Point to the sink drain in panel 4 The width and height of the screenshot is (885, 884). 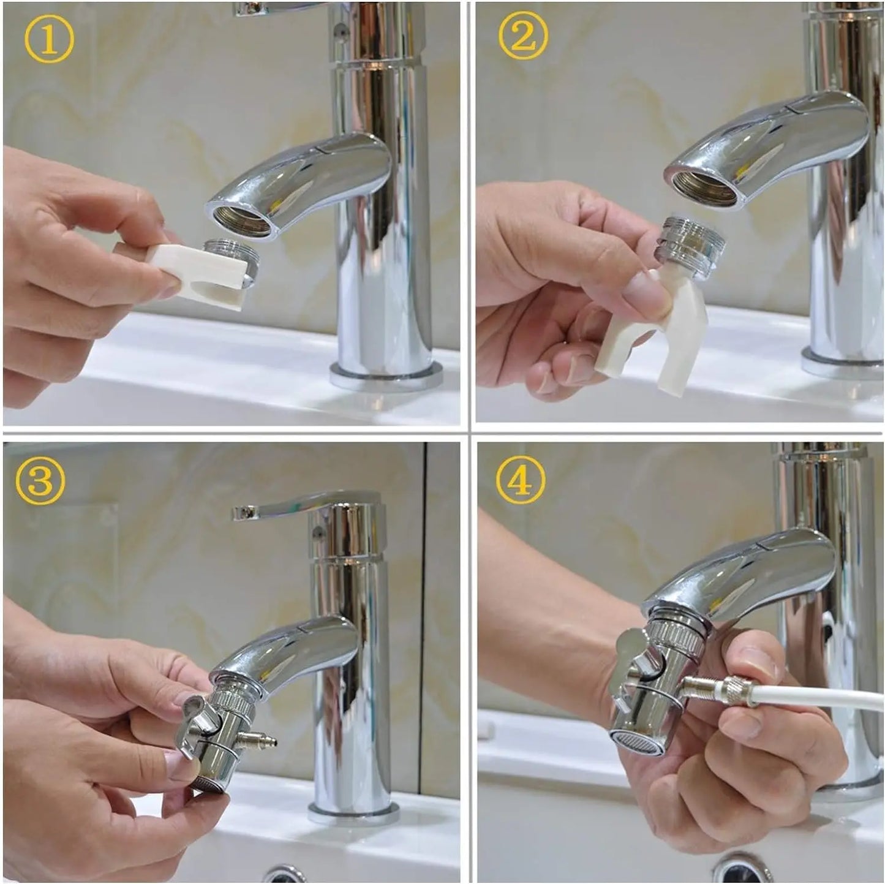(744, 870)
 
